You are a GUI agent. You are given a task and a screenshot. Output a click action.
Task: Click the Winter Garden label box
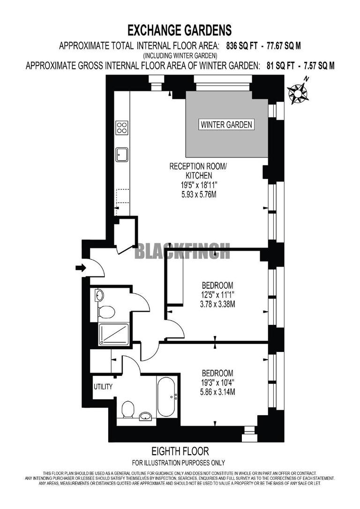point(227,125)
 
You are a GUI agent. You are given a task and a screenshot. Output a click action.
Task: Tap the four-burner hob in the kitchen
point(122,127)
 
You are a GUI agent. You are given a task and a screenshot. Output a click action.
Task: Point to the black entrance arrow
point(81,268)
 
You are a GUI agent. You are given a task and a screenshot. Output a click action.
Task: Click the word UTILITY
point(103,387)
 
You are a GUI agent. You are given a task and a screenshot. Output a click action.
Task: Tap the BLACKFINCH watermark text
point(182,252)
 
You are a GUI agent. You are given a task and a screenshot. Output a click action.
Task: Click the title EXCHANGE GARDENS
point(180,31)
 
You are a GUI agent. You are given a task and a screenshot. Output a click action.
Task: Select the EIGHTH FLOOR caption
point(180,451)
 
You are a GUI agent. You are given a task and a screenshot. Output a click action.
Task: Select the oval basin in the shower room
point(99,295)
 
